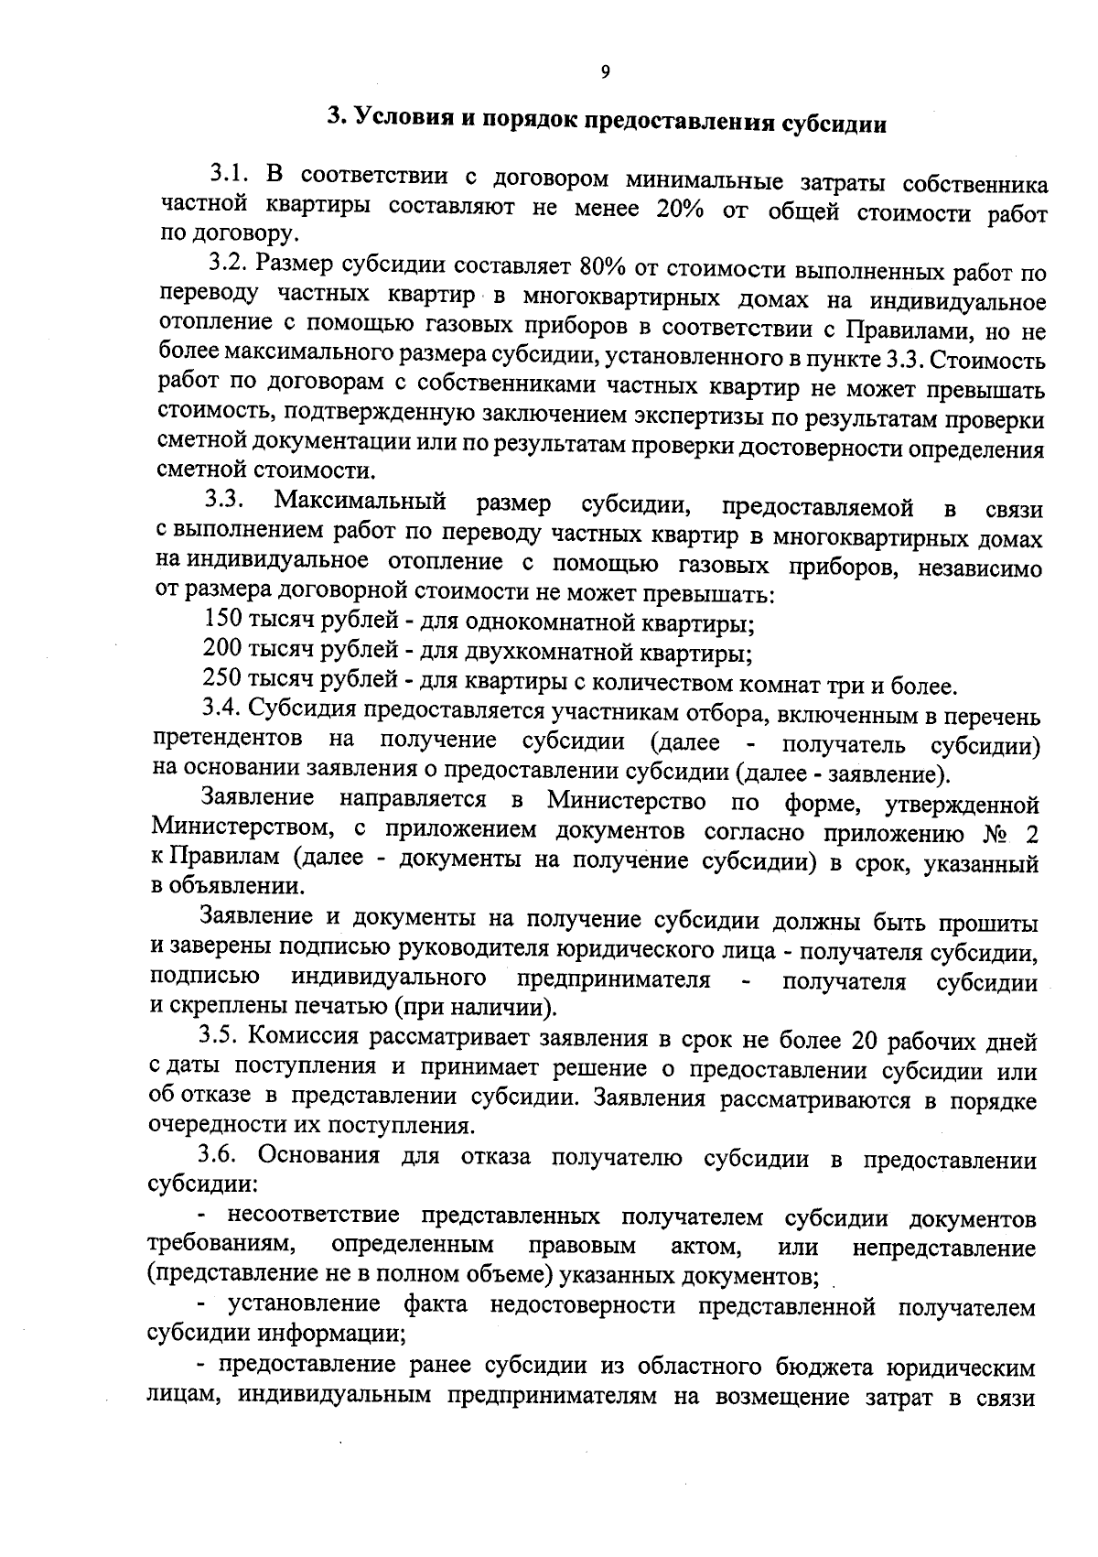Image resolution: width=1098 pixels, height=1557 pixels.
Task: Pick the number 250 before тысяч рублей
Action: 222,679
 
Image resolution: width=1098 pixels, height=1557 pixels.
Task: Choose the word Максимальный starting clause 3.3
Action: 361,502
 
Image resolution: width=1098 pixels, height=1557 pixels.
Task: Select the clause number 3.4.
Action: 223,709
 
